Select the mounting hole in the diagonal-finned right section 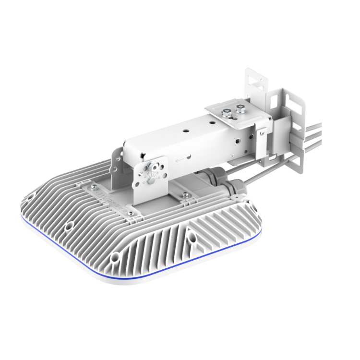pos(192,236)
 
